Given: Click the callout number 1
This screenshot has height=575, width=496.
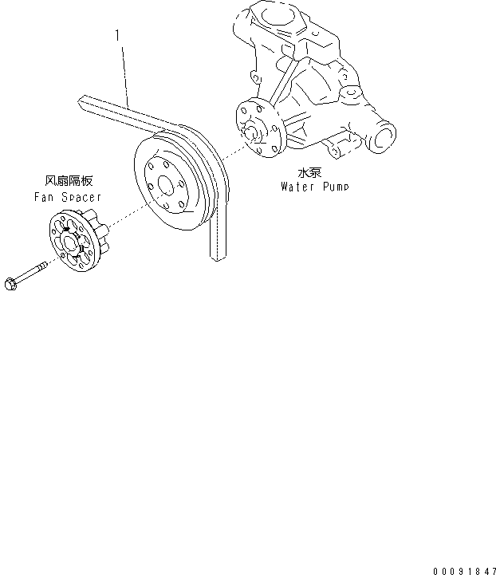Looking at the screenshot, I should point(117,36).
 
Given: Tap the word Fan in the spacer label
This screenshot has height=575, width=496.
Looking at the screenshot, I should point(44,196).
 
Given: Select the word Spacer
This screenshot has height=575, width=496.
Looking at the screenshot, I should point(81,196).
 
